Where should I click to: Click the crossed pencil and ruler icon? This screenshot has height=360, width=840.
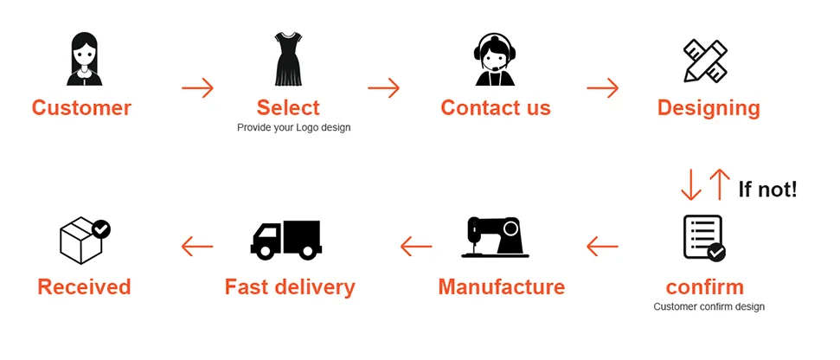[705, 60]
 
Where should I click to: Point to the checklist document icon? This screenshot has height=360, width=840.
[703, 237]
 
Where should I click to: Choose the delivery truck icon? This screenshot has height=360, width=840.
[286, 239]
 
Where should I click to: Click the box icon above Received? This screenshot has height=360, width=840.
[84, 239]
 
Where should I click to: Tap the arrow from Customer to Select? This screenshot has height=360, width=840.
[197, 87]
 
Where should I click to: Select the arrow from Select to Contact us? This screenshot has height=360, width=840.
[383, 87]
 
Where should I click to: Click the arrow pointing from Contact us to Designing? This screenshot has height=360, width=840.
[602, 87]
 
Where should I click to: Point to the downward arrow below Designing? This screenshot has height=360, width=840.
[691, 184]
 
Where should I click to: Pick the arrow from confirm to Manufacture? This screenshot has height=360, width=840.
[602, 247]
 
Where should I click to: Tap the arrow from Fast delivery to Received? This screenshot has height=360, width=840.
[197, 247]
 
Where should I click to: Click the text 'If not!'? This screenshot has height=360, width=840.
[767, 189]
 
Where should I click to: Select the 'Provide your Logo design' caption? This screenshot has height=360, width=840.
[294, 127]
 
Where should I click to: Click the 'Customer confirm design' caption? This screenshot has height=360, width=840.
[709, 306]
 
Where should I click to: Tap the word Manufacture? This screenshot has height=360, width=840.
[501, 286]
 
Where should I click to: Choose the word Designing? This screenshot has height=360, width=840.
[709, 108]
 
